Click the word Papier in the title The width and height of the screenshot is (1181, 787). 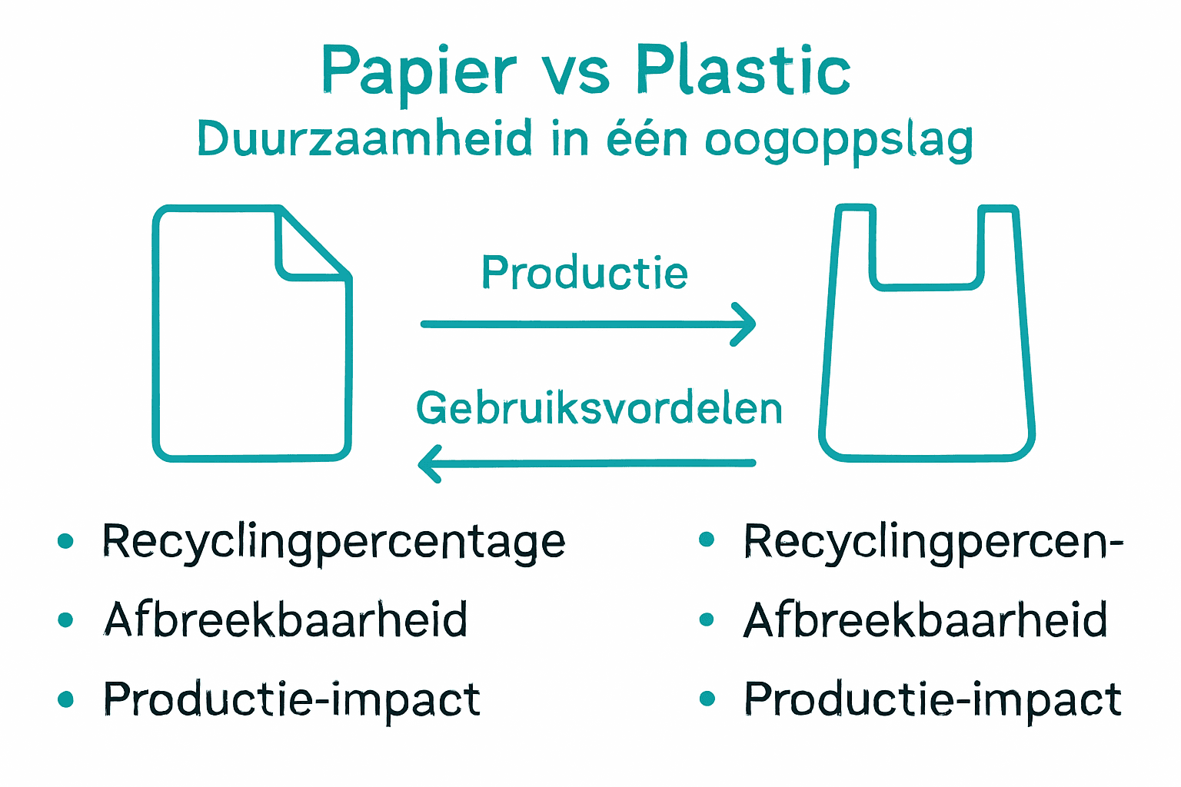tap(418, 71)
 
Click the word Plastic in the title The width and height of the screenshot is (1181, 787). tap(743, 71)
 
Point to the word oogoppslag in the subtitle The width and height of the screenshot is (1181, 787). tap(839, 141)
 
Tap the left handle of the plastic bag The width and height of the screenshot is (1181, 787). tap(855, 246)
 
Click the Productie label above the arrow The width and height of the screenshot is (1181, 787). tap(584, 273)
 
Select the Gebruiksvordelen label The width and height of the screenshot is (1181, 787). tap(599, 407)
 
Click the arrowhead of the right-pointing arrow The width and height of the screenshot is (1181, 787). tap(744, 324)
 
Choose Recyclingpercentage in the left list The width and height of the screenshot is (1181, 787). tap(334, 543)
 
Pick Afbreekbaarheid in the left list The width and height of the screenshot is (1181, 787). tap(285, 620)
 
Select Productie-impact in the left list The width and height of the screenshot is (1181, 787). tap(292, 699)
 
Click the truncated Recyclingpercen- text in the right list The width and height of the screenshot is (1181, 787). tap(933, 543)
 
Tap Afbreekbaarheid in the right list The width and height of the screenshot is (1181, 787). tap(926, 620)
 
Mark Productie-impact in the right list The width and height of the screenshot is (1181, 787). tap(933, 699)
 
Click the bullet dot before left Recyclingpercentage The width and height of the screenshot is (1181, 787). tap(66, 541)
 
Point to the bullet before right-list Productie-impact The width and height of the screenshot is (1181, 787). tap(707, 699)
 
